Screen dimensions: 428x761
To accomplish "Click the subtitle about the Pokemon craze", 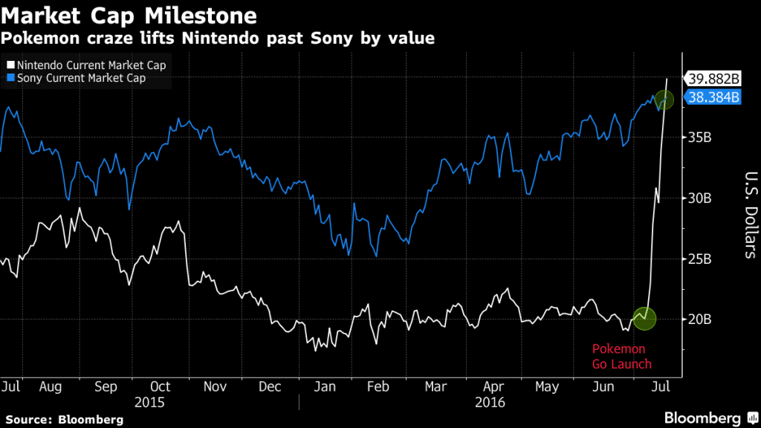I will pyautogui.click(x=218, y=37).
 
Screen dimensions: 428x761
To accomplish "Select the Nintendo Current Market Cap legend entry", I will pyautogui.click(x=88, y=65).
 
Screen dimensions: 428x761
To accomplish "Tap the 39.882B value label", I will pyautogui.click(x=713, y=80).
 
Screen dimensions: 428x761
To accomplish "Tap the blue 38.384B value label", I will pyautogui.click(x=713, y=97).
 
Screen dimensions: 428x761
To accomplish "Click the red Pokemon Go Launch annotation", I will pyautogui.click(x=621, y=356).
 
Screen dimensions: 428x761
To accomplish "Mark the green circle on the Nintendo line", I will pyautogui.click(x=644, y=319).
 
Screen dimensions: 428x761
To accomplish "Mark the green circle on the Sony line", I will pyautogui.click(x=663, y=100).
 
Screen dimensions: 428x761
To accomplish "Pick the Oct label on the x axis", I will pyautogui.click(x=160, y=387).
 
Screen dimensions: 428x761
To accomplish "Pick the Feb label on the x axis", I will pyautogui.click(x=379, y=387).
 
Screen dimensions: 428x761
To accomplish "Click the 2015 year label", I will pyautogui.click(x=149, y=402).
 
